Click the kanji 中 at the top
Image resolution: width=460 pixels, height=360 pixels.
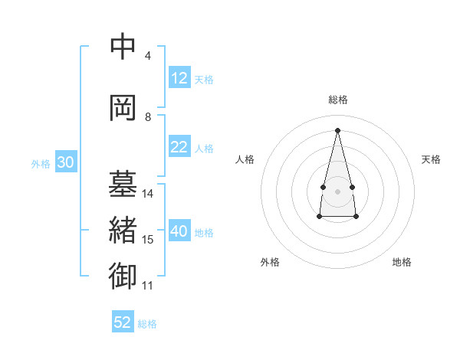point(123,48)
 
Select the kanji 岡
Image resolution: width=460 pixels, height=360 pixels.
point(123,108)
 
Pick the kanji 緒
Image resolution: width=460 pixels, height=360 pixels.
point(123,231)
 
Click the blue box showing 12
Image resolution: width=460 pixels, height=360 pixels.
point(179,78)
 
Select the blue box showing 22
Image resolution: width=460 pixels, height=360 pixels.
point(179,148)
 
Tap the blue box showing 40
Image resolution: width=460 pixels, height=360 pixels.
point(179,232)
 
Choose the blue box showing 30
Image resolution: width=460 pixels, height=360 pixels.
point(66,162)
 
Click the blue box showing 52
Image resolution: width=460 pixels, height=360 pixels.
point(123,322)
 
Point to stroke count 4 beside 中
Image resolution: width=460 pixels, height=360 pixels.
point(148,56)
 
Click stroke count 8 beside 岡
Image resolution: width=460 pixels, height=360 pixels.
point(148,117)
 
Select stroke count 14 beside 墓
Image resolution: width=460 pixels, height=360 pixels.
point(148,194)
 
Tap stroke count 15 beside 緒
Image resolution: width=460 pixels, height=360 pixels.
point(148,240)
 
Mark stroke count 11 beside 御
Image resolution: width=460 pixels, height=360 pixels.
point(148,286)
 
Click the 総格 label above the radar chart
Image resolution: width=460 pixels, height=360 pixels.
point(337,100)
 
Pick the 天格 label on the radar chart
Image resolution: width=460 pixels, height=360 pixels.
point(432,159)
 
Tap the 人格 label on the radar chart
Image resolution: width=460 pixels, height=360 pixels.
point(245,159)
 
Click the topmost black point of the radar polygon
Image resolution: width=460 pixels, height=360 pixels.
point(337,129)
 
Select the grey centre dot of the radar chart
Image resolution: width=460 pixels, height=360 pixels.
point(337,190)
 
